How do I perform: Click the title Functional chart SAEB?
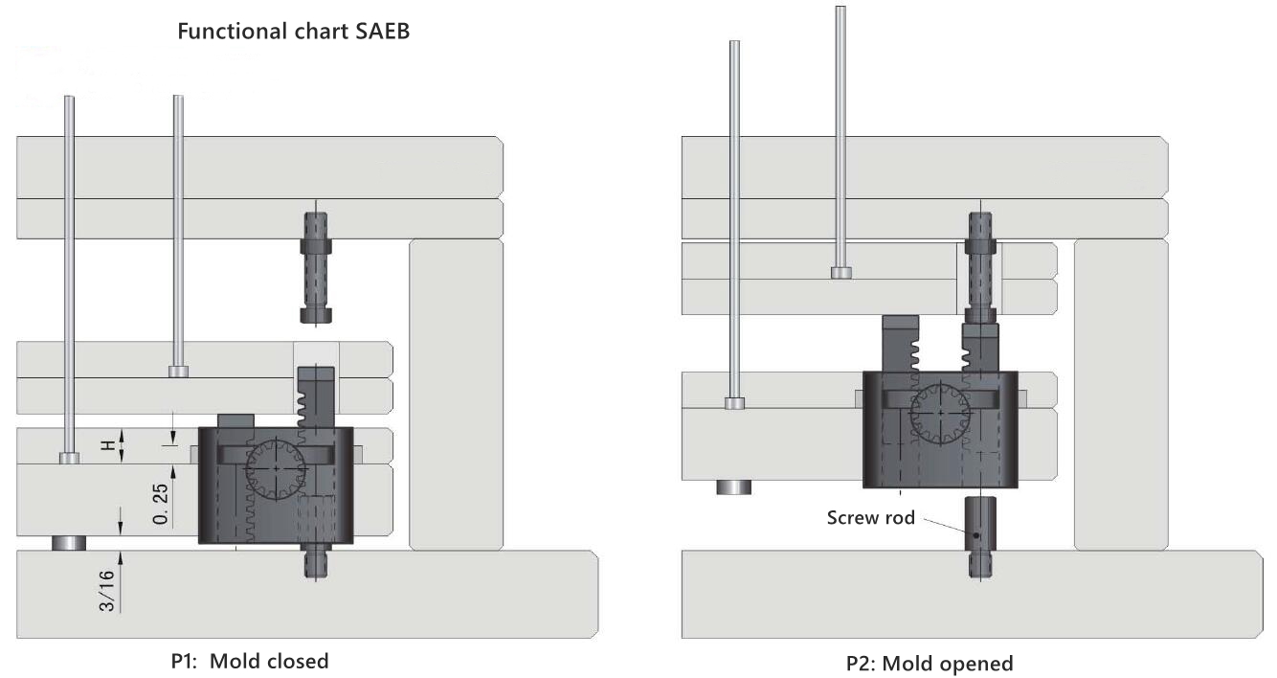click(294, 32)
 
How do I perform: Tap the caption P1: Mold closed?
click(249, 661)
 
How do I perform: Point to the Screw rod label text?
click(871, 518)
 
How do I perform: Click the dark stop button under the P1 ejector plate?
click(69, 543)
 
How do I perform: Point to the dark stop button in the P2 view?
click(733, 486)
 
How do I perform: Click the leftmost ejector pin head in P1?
click(69, 458)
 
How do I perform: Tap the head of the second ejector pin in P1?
click(178, 372)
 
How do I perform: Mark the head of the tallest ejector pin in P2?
click(841, 273)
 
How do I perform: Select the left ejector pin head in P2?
click(734, 403)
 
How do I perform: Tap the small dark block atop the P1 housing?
click(235, 420)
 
